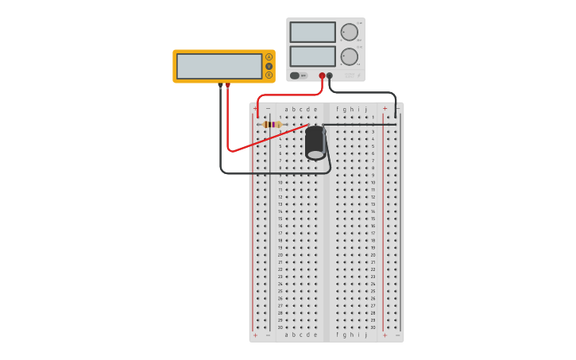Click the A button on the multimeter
pos(269,57)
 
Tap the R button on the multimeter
pos(269,75)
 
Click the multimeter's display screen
pos(219,66)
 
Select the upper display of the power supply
pos(312,32)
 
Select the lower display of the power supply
pos(312,56)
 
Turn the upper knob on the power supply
pos(349,32)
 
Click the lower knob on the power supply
pos(349,56)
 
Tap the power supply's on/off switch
pos(295,75)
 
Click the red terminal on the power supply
pos(322,75)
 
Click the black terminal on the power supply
pos(330,75)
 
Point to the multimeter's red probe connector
pos(228,85)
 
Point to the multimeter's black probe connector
pos(220,85)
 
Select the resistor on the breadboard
pos(272,124)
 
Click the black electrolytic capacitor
pos(315,141)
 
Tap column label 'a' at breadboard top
pos(287,110)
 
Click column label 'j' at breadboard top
pos(366,110)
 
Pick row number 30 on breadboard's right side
pos(373,327)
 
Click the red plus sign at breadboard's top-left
pos(255,109)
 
